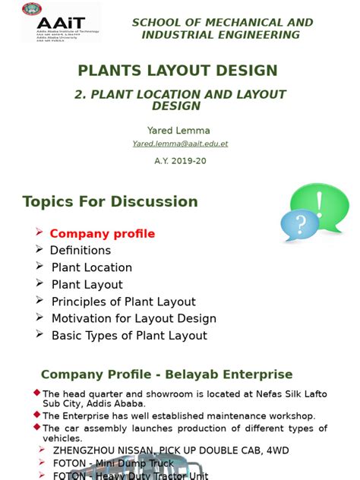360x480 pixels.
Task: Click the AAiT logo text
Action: (x=46, y=24)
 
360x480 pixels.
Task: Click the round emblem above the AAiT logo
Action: (x=32, y=9)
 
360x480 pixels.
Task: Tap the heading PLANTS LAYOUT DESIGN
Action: (x=178, y=71)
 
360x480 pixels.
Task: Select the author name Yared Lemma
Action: (x=179, y=131)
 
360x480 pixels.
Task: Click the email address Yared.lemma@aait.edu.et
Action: (x=180, y=144)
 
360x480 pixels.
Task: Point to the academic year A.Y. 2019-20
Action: (x=180, y=160)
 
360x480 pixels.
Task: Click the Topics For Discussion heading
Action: (x=110, y=201)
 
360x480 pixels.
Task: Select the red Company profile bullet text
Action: (x=102, y=234)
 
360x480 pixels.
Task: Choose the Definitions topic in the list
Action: (x=81, y=251)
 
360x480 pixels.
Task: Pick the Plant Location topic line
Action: (x=91, y=267)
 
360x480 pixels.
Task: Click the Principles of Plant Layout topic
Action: (x=123, y=302)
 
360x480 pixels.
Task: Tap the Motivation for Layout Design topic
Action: (x=134, y=318)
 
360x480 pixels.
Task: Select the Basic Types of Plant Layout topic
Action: (x=129, y=336)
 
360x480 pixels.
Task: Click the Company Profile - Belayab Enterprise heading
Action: (x=166, y=374)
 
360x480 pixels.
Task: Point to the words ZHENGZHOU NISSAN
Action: (x=96, y=450)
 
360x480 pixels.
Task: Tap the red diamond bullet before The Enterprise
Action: (x=37, y=415)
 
